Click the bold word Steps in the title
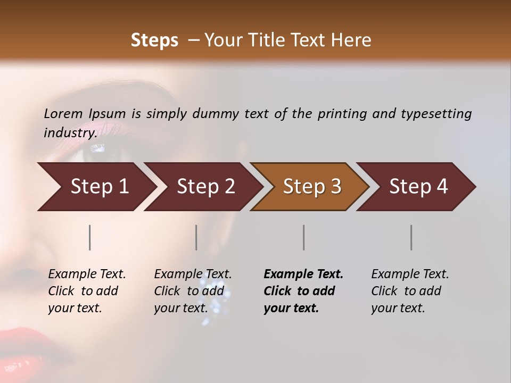pyautogui.click(x=154, y=40)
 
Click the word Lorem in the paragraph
pyautogui.click(x=63, y=113)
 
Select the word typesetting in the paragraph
pyautogui.click(x=436, y=113)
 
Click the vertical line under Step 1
pyautogui.click(x=90, y=237)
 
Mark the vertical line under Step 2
pyautogui.click(x=196, y=237)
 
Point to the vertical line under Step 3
pyautogui.click(x=304, y=237)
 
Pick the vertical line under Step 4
pyautogui.click(x=411, y=237)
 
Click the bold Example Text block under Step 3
pyautogui.click(x=303, y=291)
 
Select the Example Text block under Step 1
pyautogui.click(x=87, y=291)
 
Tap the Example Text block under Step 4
pyautogui.click(x=410, y=291)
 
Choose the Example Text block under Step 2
pyautogui.click(x=193, y=291)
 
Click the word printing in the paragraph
pyautogui.click(x=342, y=113)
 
